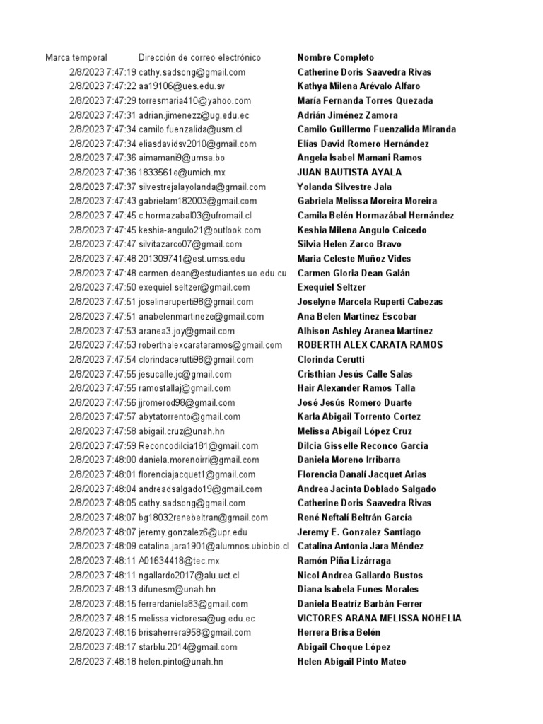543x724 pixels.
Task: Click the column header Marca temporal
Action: (76, 57)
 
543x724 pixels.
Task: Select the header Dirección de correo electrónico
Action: (199, 57)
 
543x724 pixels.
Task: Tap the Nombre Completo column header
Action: (336, 57)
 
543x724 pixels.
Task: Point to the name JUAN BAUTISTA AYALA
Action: (349, 173)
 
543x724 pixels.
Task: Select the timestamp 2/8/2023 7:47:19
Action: (103, 72)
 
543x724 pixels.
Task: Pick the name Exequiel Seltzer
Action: (332, 287)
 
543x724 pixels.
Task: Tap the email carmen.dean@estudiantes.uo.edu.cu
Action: (212, 273)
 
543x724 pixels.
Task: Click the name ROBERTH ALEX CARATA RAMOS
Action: (370, 345)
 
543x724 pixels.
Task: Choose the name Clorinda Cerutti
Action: (331, 359)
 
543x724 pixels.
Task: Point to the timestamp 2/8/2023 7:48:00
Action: (103, 460)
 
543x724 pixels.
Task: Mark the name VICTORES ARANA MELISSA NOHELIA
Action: (379, 618)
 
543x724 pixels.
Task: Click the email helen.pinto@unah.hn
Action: (181, 661)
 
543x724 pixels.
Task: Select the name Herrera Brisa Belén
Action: (339, 632)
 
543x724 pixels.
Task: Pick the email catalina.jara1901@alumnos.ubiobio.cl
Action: (214, 546)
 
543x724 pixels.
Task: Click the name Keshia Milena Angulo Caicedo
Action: (362, 230)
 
